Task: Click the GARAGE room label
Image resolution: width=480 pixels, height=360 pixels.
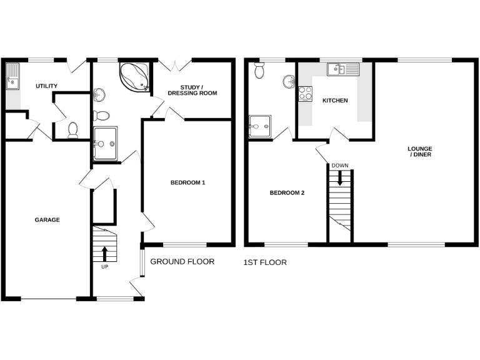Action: (x=47, y=219)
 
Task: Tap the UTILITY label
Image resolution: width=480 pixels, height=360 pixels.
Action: (x=47, y=86)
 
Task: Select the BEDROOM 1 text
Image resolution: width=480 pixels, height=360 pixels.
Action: (x=188, y=182)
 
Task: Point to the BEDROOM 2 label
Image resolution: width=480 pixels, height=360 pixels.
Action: (x=287, y=192)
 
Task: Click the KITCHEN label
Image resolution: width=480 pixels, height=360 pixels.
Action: (x=335, y=101)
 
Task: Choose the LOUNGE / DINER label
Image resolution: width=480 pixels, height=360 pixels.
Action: (x=420, y=152)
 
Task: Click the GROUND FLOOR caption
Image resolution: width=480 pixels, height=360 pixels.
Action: (x=182, y=262)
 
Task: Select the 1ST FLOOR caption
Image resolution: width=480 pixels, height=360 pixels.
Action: (x=265, y=262)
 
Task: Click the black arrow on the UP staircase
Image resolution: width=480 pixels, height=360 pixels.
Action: (x=104, y=254)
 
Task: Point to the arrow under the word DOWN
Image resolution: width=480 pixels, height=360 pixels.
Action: (x=340, y=177)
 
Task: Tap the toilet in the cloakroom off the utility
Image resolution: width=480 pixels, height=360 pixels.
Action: (x=72, y=129)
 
